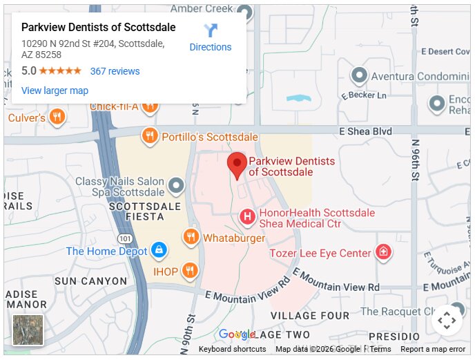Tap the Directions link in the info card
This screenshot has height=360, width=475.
tap(211, 47)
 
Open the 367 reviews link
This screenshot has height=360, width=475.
tap(115, 71)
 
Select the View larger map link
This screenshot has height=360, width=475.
tap(55, 91)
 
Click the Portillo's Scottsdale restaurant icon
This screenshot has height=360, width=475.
tap(149, 137)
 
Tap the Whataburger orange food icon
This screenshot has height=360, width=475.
tap(191, 238)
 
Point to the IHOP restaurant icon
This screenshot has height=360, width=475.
tap(191, 272)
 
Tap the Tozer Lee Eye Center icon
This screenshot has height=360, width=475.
tap(383, 253)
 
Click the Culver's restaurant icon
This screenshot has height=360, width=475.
tap(57, 117)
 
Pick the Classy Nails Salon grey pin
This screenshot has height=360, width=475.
tap(177, 185)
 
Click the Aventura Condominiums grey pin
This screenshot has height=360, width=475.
tap(359, 75)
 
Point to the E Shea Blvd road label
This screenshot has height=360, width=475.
tap(365, 131)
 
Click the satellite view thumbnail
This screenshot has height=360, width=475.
tap(28, 330)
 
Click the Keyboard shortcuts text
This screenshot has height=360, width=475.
tap(232, 349)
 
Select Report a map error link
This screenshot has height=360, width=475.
tap(433, 349)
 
